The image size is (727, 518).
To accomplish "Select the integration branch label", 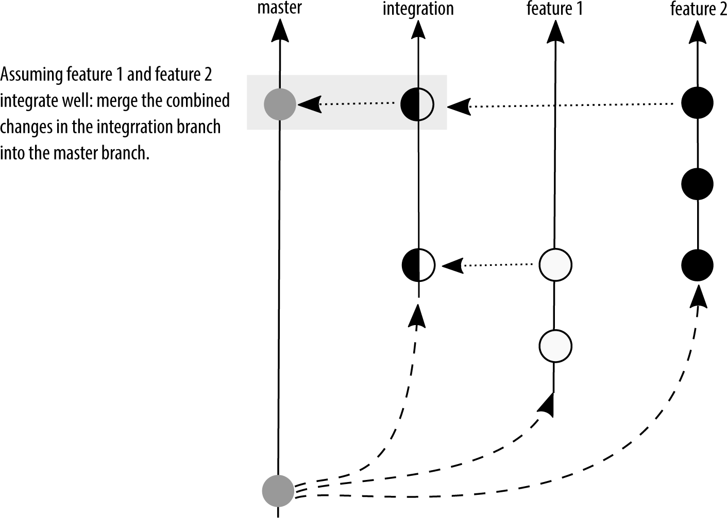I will (418, 9).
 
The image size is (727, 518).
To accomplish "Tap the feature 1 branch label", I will (554, 9).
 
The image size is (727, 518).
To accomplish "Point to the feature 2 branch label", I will (698, 9).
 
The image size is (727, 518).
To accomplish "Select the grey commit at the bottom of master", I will (278, 489).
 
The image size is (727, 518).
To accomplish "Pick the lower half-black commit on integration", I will (418, 265).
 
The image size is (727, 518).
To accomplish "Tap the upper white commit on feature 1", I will (555, 265).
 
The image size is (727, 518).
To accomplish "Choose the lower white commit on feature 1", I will (555, 346).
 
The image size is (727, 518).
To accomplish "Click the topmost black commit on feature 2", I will (697, 103).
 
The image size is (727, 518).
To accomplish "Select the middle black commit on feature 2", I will (697, 184).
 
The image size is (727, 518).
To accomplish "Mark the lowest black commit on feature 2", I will (697, 265).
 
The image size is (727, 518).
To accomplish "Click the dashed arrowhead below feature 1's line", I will (547, 404).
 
